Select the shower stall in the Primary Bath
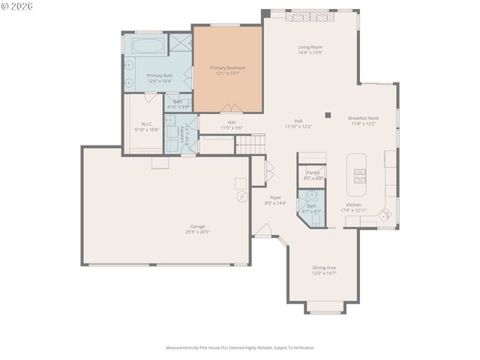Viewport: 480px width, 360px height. point(180,43)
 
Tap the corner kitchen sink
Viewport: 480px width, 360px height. point(384,215)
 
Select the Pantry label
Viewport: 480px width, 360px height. point(313,174)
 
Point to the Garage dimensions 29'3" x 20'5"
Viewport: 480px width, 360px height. point(198,232)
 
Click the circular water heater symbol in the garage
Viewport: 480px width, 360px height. point(242,197)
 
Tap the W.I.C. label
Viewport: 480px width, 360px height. point(147,126)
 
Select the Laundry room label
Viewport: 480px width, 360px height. point(182,133)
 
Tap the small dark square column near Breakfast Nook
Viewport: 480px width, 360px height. point(328,115)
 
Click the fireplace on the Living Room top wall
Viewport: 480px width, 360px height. point(310,13)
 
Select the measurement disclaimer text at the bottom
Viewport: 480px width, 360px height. point(240,347)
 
